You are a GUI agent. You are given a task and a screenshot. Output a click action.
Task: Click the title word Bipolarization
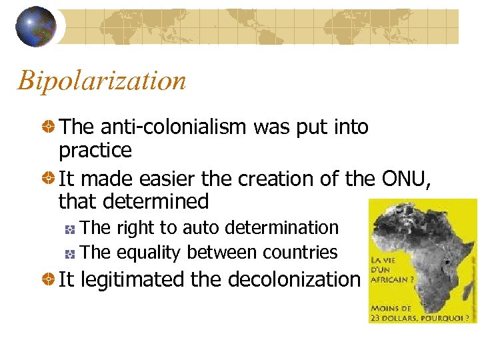pos(102,81)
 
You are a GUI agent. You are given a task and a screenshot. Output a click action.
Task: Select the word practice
pos(95,151)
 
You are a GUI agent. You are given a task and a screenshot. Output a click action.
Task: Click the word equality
pos(150,252)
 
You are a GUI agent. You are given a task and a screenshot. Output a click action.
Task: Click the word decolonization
pos(294,279)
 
